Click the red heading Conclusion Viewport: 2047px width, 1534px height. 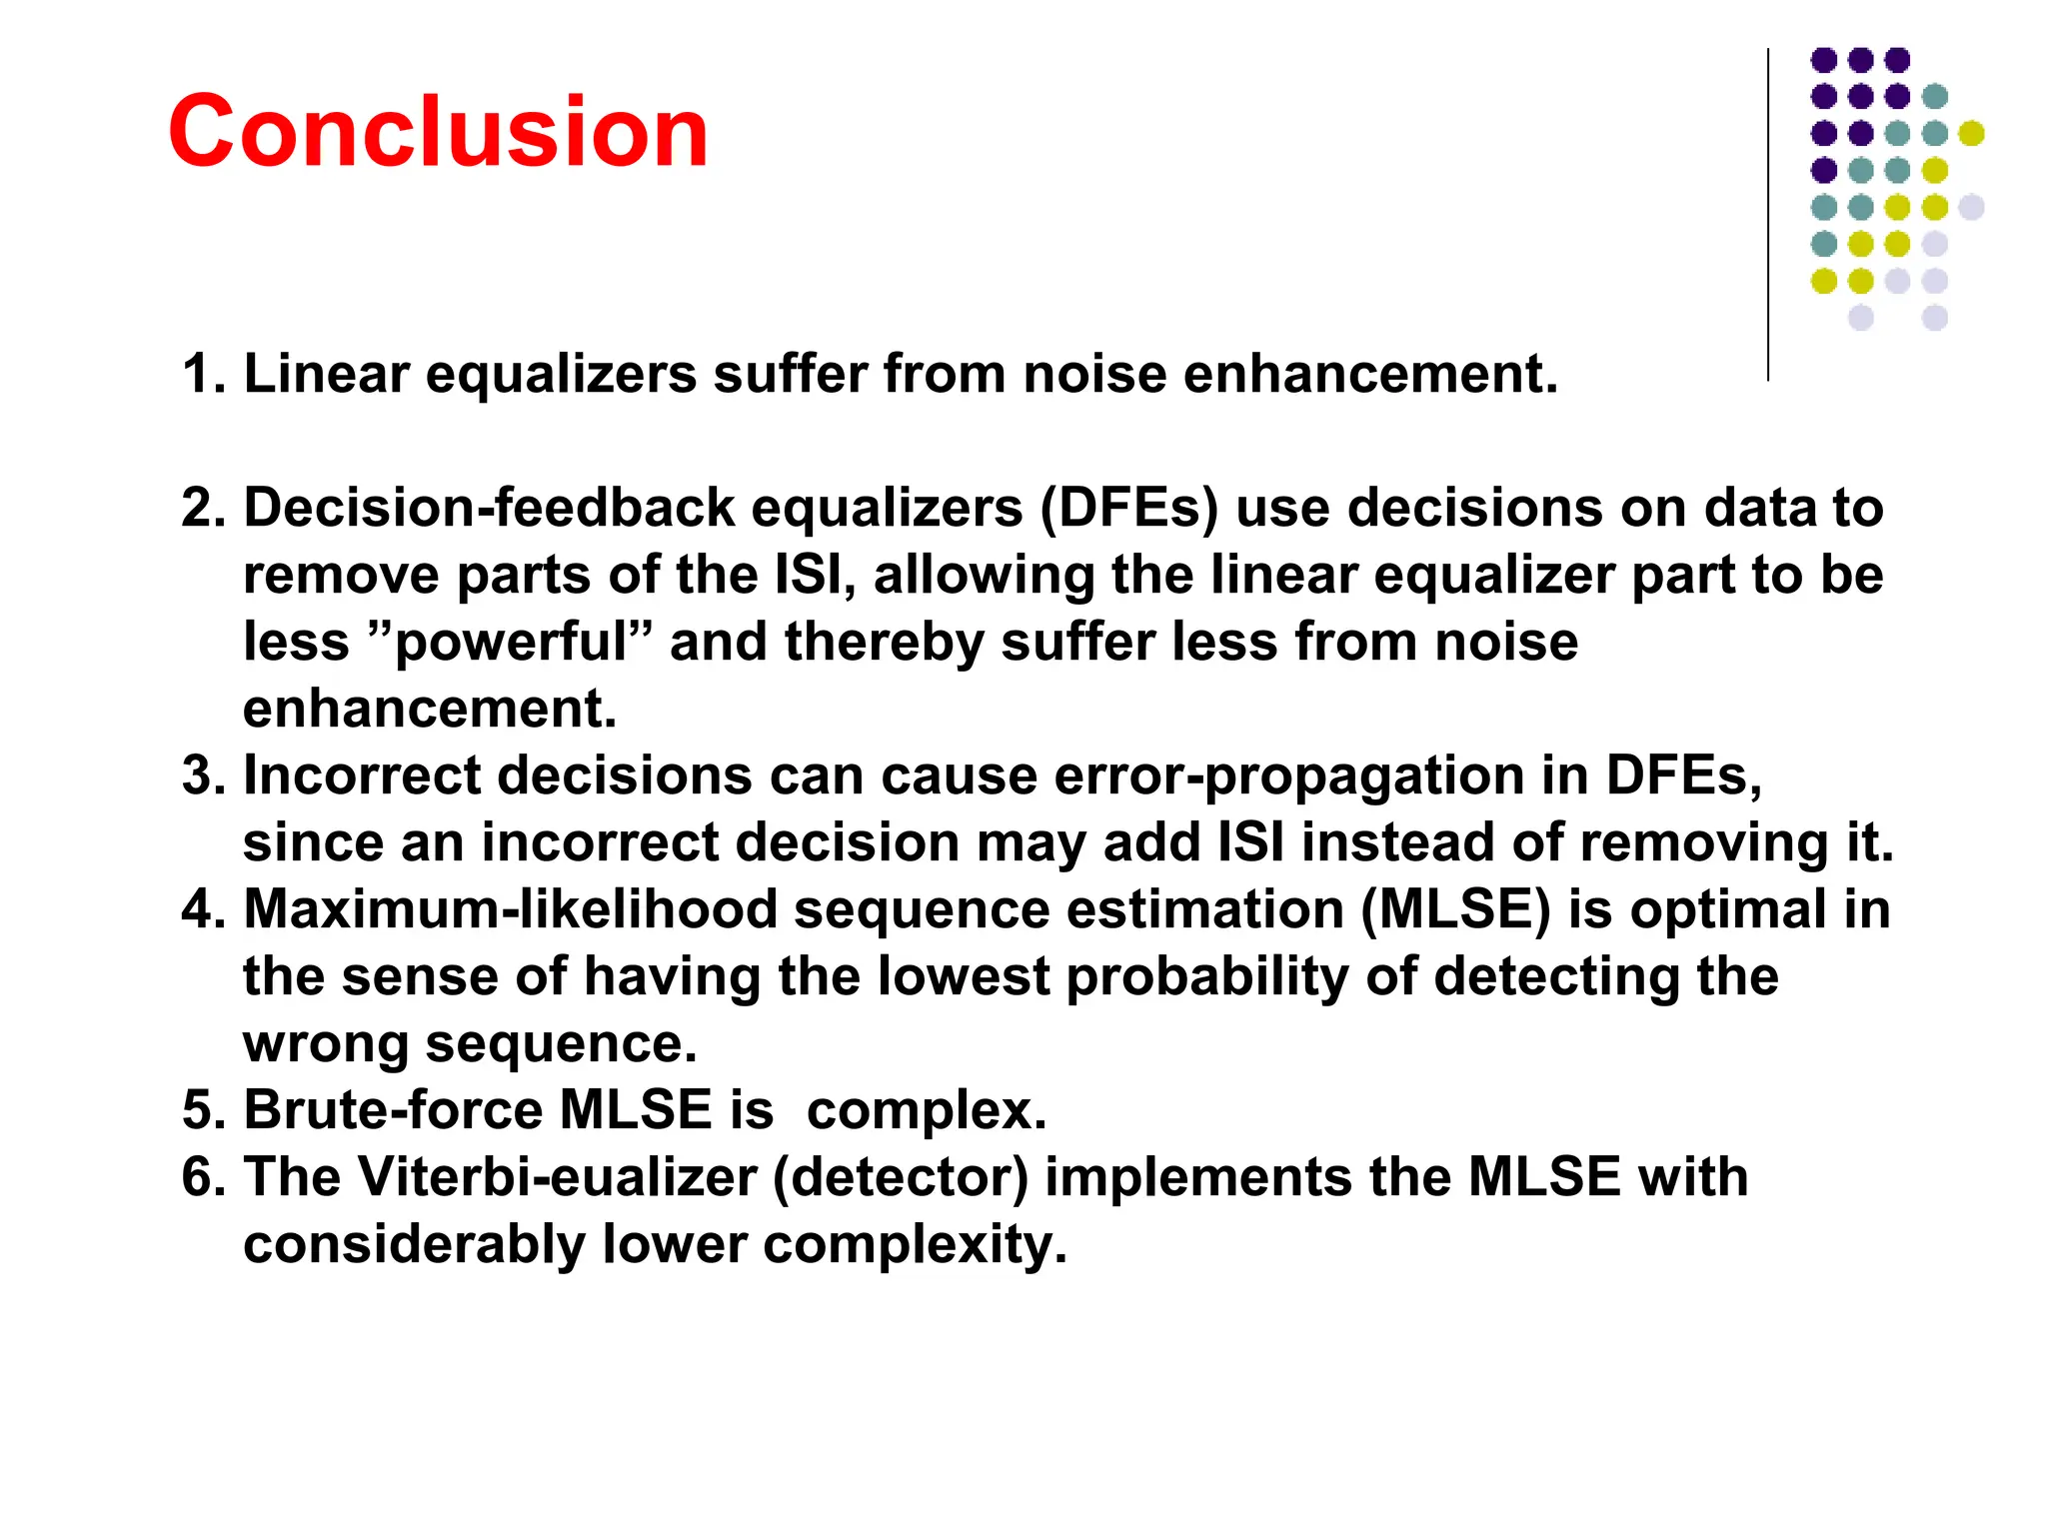[438, 131]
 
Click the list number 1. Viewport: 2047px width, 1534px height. [203, 375]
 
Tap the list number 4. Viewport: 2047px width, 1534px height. [203, 910]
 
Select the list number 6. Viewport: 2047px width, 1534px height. [203, 1177]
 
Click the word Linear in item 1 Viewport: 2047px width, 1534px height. [326, 375]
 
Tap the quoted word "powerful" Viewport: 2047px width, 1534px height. [511, 643]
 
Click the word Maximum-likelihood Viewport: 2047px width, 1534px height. [511, 910]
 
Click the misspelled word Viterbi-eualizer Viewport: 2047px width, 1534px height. [558, 1177]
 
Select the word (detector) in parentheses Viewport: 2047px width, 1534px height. [901, 1177]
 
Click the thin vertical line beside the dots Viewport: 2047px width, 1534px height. [1767, 214]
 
